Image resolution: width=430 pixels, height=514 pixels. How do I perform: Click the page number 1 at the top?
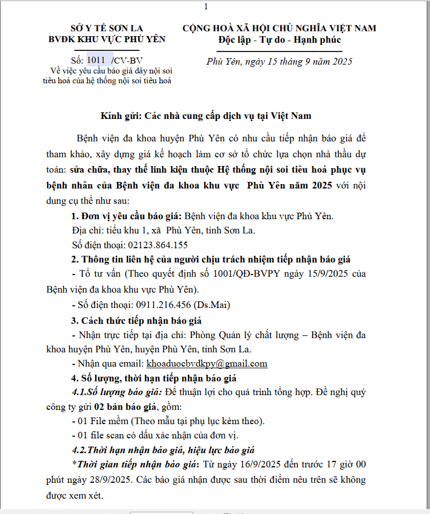(x=206, y=7)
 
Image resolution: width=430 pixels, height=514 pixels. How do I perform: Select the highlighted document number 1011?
(x=96, y=60)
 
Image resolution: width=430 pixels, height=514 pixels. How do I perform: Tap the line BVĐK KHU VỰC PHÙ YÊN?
(x=106, y=39)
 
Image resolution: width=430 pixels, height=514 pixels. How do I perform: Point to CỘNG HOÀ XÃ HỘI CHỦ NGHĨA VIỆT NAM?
(x=279, y=28)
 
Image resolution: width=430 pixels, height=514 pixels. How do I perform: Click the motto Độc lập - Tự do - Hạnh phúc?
(x=279, y=39)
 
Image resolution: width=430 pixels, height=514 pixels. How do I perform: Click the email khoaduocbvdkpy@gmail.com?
(x=207, y=363)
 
